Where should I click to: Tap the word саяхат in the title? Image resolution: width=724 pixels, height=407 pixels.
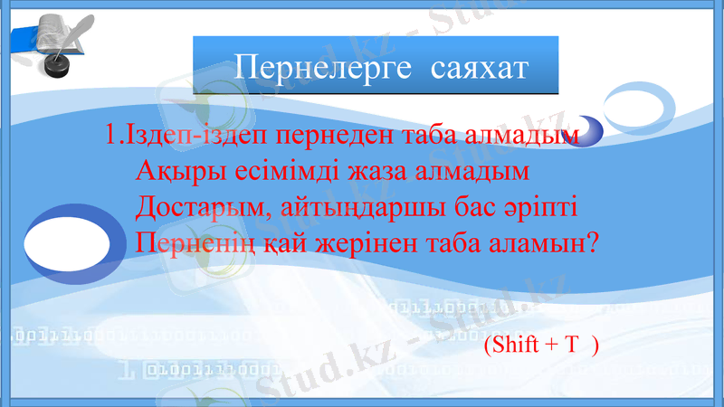coord(476,67)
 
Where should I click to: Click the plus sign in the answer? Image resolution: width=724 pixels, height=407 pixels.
coord(550,345)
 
